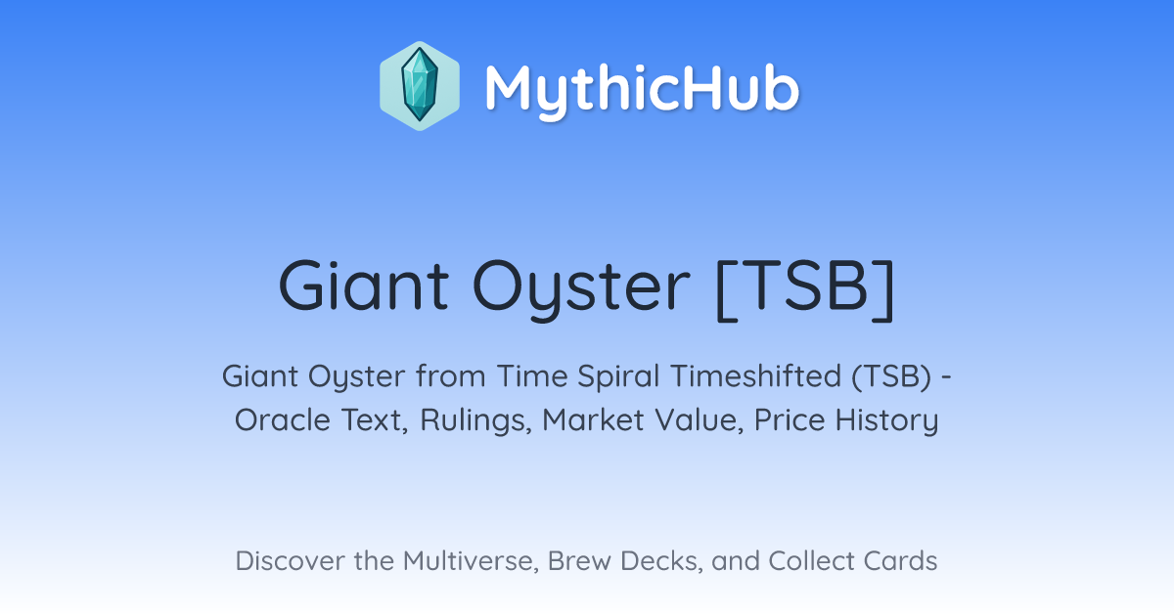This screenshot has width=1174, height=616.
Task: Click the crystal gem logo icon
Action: pyautogui.click(x=420, y=86)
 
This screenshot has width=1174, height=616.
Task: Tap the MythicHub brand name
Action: pyautogui.click(x=642, y=89)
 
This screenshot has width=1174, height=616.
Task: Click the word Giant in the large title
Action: pyautogui.click(x=364, y=286)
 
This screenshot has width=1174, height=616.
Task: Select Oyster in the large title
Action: pyautogui.click(x=581, y=289)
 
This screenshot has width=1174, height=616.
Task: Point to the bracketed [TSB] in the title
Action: pyautogui.click(x=805, y=288)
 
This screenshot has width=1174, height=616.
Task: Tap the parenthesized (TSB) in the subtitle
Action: pyautogui.click(x=892, y=376)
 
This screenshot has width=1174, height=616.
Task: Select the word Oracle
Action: pyautogui.click(x=283, y=419)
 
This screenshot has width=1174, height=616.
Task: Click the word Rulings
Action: pyautogui.click(x=475, y=420)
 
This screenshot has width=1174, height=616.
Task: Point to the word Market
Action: pyautogui.click(x=593, y=419)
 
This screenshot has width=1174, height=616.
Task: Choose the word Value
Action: pyautogui.click(x=699, y=420)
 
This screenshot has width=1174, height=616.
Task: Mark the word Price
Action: pyautogui.click(x=790, y=419)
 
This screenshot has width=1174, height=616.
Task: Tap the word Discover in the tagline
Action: pyautogui.click(x=290, y=560)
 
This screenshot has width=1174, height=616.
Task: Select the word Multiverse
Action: pyautogui.click(x=471, y=561)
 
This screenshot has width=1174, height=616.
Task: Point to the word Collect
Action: pyautogui.click(x=811, y=560)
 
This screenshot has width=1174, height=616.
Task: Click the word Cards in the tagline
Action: pyautogui.click(x=900, y=560)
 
